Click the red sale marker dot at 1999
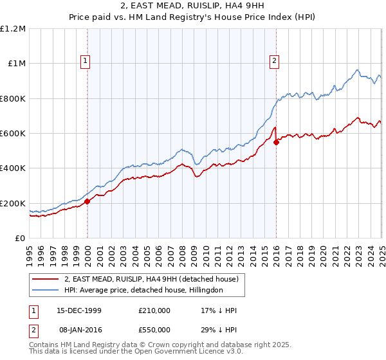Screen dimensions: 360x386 (x=87, y=201)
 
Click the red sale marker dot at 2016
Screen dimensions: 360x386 (x=276, y=142)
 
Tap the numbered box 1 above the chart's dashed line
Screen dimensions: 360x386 (x=86, y=61)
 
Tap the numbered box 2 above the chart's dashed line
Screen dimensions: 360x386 (x=274, y=61)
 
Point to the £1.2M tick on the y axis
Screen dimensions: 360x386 (x=13, y=29)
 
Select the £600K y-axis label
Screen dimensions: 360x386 (x=13, y=134)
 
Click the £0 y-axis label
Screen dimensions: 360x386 (x=19, y=239)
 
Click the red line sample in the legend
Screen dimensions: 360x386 (x=46, y=279)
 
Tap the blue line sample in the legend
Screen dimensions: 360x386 (x=46, y=290)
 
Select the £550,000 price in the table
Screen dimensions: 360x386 (x=154, y=330)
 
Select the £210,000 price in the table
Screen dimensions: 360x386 (x=154, y=310)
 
